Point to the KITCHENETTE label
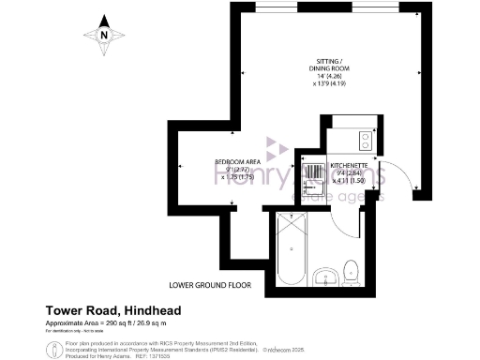tap(349, 165)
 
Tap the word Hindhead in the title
tap(151, 310)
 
